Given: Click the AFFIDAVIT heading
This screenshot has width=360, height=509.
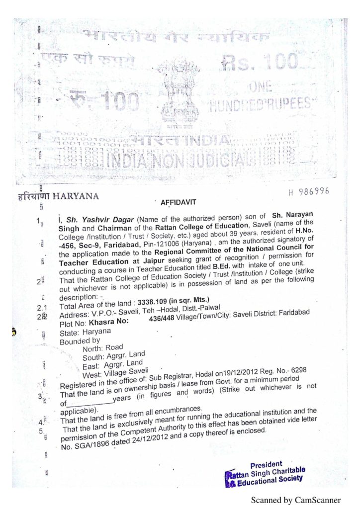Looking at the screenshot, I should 179,202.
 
